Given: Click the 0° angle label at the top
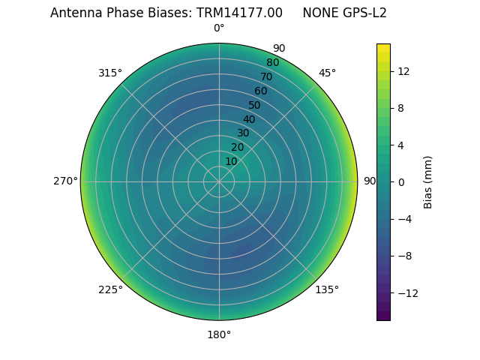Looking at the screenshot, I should [219, 28].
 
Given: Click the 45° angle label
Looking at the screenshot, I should [327, 73].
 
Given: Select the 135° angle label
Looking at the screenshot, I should [327, 289].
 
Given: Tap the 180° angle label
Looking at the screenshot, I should [219, 334].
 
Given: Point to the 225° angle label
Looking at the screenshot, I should [110, 289].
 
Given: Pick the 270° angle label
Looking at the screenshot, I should [65, 181].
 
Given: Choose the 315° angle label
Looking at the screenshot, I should [110, 73].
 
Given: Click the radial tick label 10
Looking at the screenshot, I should [231, 161].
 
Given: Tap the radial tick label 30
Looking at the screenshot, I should [243, 133].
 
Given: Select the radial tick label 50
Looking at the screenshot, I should [255, 106].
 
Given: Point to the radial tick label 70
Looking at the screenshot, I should [266, 77].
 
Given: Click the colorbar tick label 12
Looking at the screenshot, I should [403, 71].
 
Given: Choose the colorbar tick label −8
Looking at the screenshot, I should [403, 256].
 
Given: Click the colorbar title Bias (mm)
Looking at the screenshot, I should [428, 181].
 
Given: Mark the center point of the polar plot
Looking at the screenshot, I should [219, 181].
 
